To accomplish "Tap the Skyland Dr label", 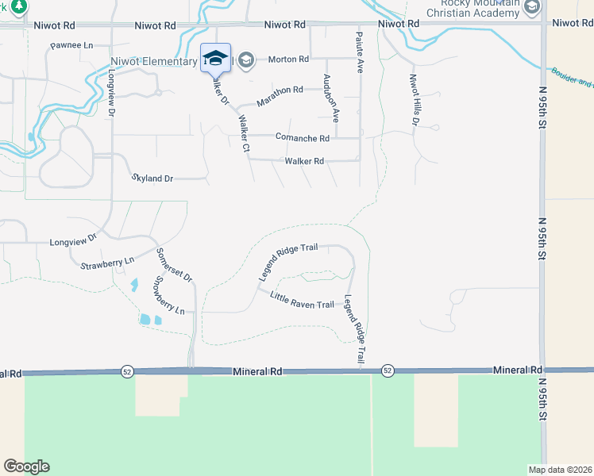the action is click(x=153, y=179).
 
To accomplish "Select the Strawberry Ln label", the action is click(x=107, y=261).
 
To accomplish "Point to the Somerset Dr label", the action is click(x=173, y=264).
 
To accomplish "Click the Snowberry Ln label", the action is click(x=168, y=294).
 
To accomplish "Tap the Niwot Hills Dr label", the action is click(x=414, y=101).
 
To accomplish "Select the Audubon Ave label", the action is click(x=330, y=97).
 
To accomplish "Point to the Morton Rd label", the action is click(x=287, y=59).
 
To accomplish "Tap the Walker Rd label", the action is click(x=304, y=162).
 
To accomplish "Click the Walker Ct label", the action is click(x=244, y=133).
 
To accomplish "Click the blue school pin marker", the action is click(x=215, y=58).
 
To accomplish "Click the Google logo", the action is click(x=26, y=466).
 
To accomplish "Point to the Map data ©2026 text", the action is click(x=560, y=470).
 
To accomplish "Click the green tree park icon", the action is click(x=19, y=6).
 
